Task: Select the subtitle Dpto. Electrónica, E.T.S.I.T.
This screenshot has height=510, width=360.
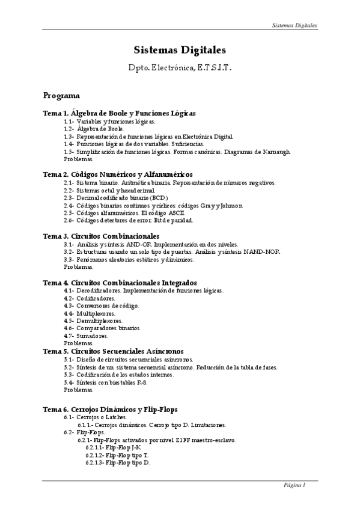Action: (180, 69)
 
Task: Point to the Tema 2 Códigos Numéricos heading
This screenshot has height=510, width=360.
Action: (117, 174)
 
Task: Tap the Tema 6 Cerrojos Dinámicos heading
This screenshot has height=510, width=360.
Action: (110, 409)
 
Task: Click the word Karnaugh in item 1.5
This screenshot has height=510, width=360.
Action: (276, 152)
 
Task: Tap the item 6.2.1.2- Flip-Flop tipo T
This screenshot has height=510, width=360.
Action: (117, 455)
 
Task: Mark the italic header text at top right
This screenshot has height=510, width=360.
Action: (293, 26)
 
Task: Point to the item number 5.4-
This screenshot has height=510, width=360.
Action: (69, 382)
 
